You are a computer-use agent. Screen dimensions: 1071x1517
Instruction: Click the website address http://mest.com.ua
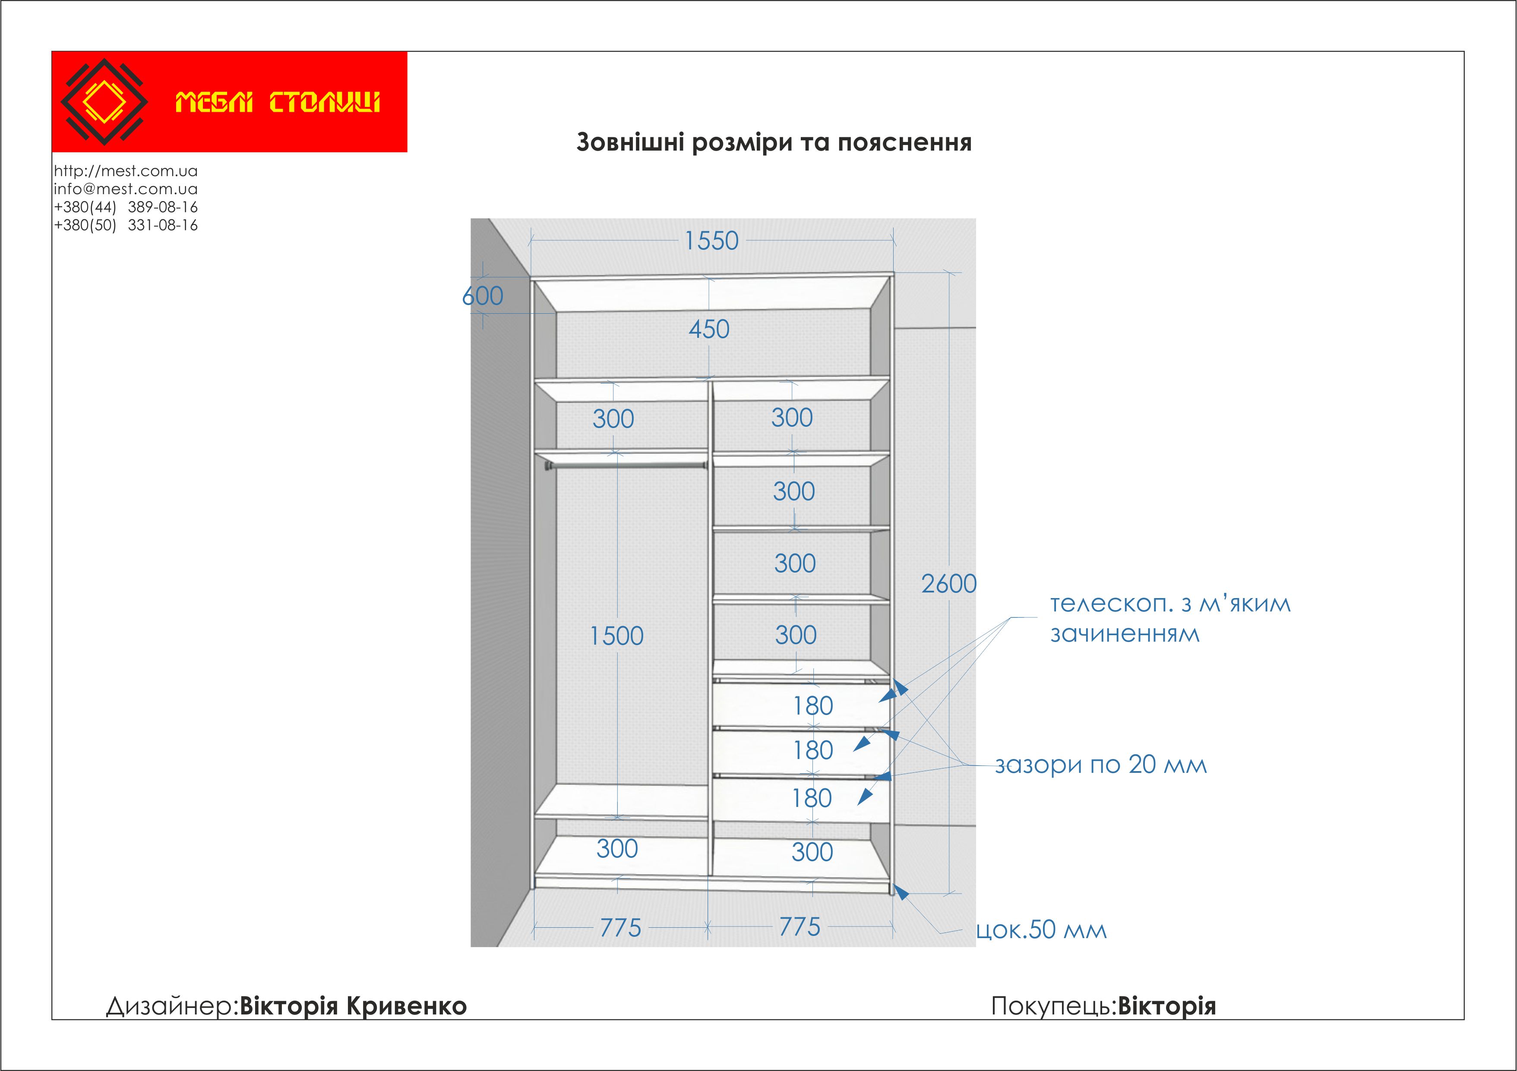click(x=126, y=171)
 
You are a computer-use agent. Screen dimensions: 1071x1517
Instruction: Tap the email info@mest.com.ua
click(x=126, y=189)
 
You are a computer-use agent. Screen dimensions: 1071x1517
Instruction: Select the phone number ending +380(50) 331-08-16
click(x=126, y=225)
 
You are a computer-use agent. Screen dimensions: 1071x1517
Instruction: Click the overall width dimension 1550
click(x=711, y=241)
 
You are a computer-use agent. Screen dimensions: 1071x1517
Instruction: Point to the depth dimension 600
click(x=483, y=296)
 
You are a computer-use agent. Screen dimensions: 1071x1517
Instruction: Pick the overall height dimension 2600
click(x=949, y=584)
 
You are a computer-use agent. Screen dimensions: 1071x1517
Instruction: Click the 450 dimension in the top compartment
click(x=709, y=329)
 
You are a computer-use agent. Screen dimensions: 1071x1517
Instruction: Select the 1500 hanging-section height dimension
click(x=616, y=636)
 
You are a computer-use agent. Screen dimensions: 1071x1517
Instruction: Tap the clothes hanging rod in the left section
click(x=624, y=466)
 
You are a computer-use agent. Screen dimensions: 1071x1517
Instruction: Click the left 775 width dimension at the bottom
click(x=620, y=928)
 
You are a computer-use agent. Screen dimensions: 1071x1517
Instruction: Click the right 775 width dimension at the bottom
click(x=800, y=927)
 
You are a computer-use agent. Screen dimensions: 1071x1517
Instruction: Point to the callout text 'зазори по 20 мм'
click(x=1101, y=765)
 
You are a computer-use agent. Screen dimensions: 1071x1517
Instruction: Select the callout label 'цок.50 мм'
click(x=1041, y=930)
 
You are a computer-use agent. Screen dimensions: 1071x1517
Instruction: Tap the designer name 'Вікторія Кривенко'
click(x=353, y=1006)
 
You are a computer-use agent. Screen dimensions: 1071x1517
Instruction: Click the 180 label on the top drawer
click(x=813, y=706)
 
